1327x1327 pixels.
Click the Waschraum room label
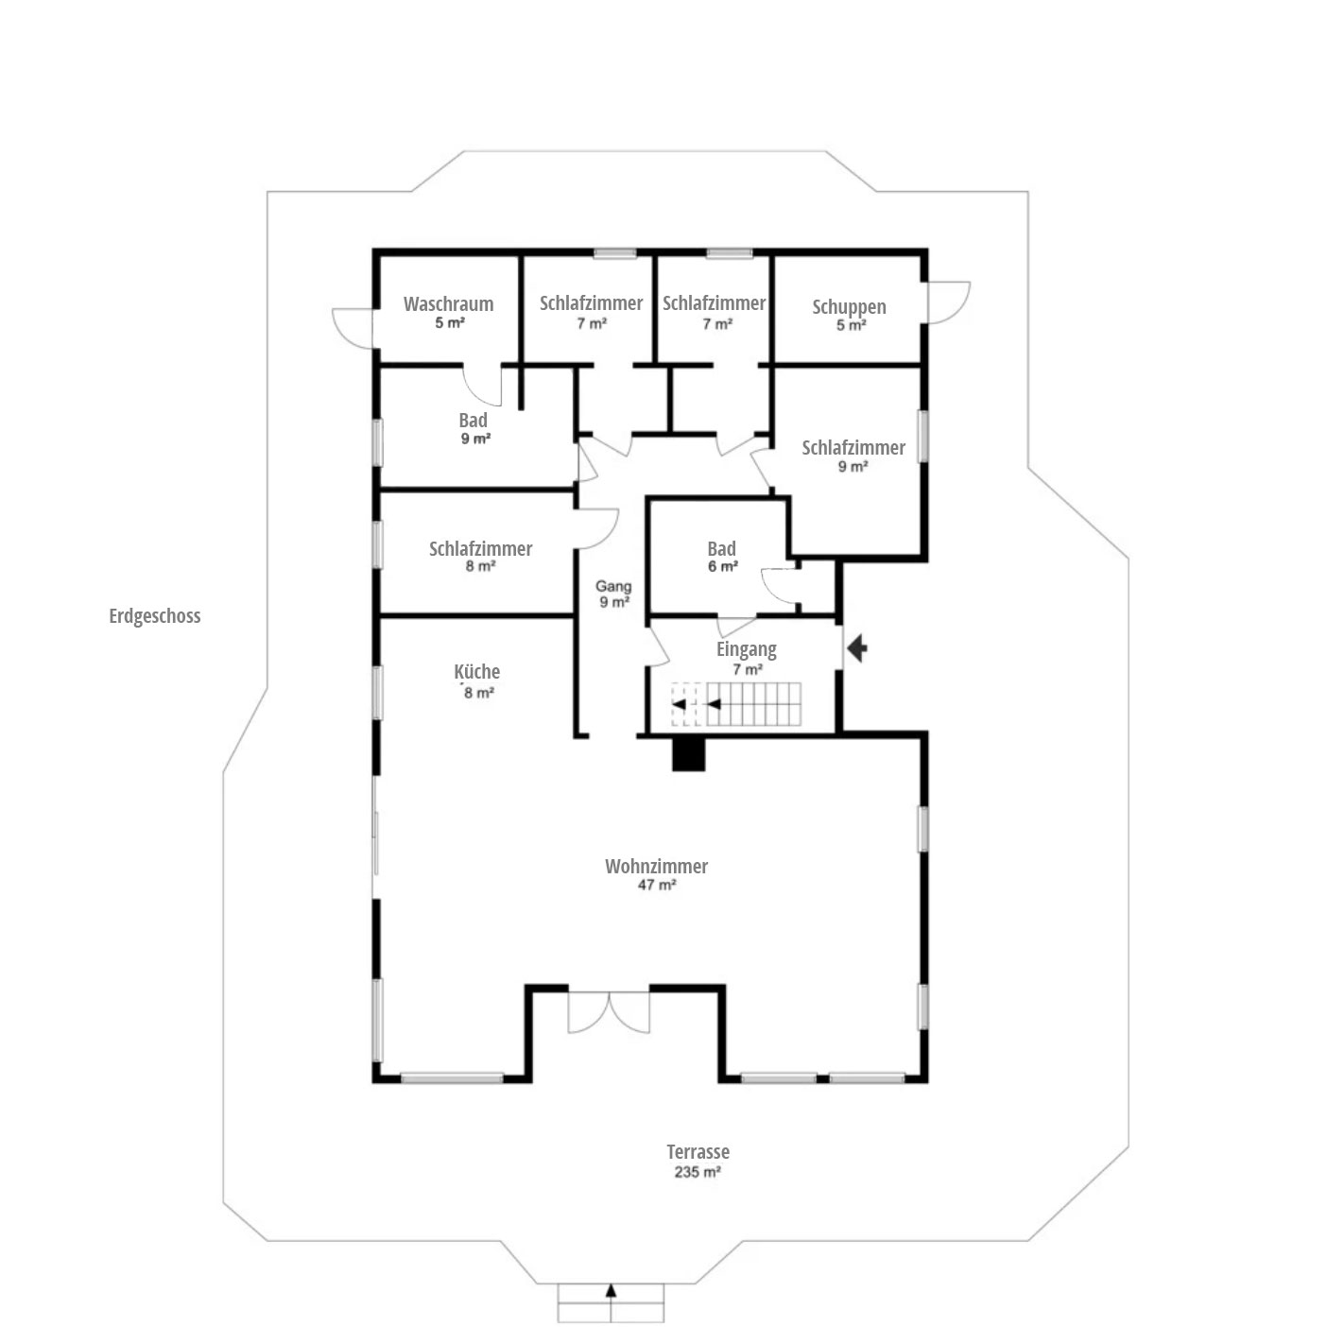[x=448, y=303]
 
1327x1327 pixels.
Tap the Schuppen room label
[x=849, y=307]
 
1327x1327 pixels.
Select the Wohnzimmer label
[x=656, y=867]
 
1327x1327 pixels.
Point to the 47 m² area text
[x=656, y=885]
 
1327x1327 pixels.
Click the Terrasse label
[x=698, y=1151]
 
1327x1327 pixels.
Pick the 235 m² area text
[x=698, y=1172]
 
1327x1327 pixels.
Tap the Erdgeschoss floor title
[x=155, y=615]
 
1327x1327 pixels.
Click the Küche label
[x=476, y=671]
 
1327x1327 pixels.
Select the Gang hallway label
[x=613, y=587]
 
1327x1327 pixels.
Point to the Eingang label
[x=747, y=649]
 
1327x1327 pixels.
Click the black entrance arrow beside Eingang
[x=856, y=648]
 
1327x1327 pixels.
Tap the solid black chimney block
[x=689, y=755]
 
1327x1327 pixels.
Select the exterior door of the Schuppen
[x=948, y=302]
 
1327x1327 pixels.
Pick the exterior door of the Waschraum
[x=353, y=329]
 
